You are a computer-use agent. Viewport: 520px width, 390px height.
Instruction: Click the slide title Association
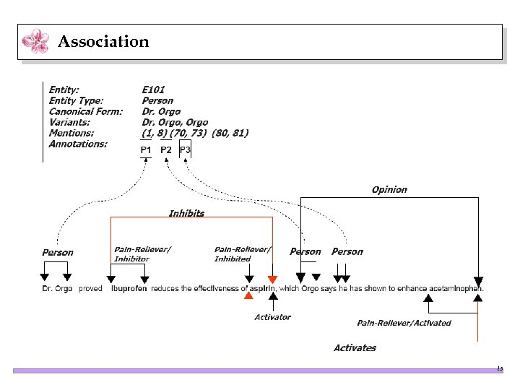(x=103, y=42)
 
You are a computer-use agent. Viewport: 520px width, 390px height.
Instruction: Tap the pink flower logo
(x=35, y=41)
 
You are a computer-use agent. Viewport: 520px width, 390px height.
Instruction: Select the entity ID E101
(x=153, y=90)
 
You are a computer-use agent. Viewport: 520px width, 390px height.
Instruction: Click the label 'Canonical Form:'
(x=85, y=111)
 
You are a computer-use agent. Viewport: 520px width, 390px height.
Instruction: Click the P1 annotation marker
(x=146, y=150)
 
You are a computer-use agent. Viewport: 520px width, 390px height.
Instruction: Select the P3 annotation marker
(x=186, y=150)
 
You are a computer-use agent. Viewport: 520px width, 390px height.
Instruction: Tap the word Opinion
(x=389, y=189)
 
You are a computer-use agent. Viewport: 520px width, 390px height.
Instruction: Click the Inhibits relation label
(x=186, y=213)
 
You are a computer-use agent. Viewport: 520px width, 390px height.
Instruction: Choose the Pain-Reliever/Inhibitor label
(x=142, y=254)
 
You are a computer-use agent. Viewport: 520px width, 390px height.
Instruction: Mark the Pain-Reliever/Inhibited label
(x=243, y=254)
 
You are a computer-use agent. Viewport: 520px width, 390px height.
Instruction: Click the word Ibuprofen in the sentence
(x=129, y=289)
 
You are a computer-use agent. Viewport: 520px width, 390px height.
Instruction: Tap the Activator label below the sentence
(x=272, y=317)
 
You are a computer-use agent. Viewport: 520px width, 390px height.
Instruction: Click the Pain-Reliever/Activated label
(x=404, y=323)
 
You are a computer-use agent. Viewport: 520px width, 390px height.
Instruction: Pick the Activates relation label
(x=355, y=347)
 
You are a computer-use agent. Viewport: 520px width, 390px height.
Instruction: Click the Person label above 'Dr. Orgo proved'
(x=58, y=252)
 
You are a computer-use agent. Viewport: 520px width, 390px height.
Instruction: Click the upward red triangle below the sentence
(x=248, y=295)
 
